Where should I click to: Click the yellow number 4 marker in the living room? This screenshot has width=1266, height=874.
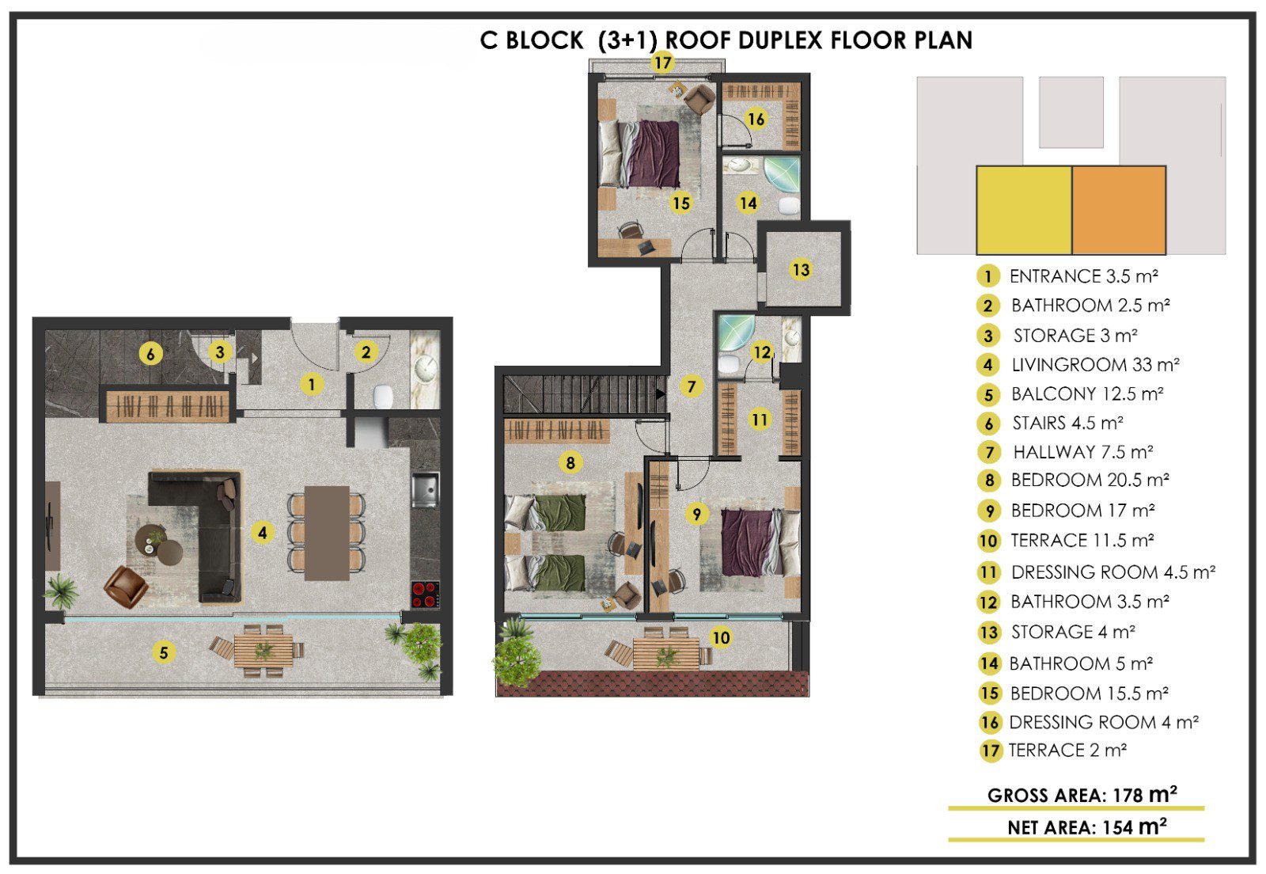pos(262,532)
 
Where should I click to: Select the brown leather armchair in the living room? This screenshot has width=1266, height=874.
pos(127,587)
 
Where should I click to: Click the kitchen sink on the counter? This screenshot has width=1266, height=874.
pos(426,490)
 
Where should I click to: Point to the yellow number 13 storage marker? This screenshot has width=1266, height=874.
pos(801,270)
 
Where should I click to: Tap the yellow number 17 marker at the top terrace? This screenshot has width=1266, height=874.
pos(663,63)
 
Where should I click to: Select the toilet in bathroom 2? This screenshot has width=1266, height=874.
pos(383,396)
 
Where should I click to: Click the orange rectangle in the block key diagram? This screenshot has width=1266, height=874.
pos(1119,211)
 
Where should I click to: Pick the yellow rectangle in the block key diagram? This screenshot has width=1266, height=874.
pos(1024,211)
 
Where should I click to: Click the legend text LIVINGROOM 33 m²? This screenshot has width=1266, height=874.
pos(1095,365)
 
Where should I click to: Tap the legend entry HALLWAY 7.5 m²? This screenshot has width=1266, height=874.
pos(1083,452)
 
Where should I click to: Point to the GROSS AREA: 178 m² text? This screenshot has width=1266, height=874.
pos(1082,795)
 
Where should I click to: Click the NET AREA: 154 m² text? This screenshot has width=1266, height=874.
pos(1087,827)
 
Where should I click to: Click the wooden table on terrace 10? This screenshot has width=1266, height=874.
pos(665,654)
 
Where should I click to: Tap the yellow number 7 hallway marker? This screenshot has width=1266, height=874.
pos(692,386)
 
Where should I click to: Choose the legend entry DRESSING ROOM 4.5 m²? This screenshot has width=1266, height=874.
pos(1112,572)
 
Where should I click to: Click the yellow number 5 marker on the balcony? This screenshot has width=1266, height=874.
pos(163,653)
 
